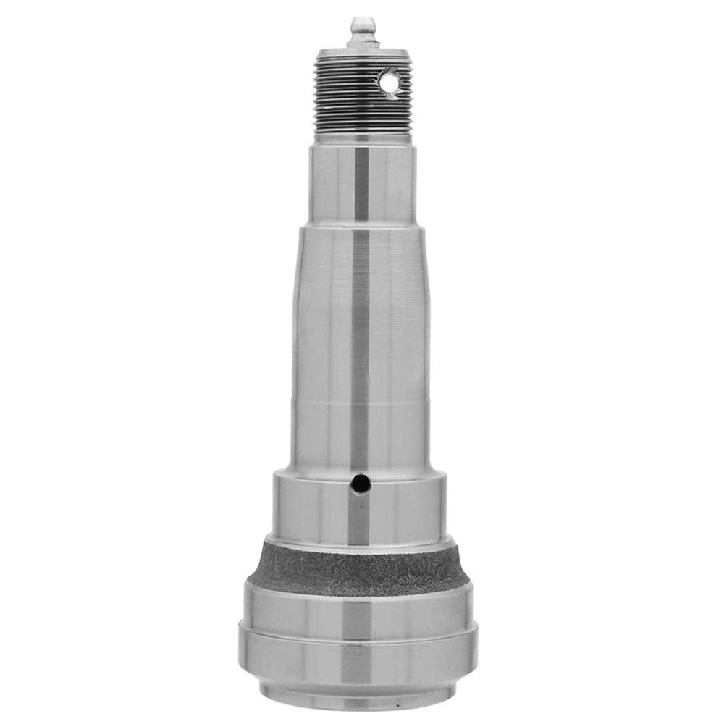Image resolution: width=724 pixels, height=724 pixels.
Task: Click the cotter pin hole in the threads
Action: [x=391, y=84]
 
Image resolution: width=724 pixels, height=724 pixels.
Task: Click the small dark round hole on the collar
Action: [x=358, y=482]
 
